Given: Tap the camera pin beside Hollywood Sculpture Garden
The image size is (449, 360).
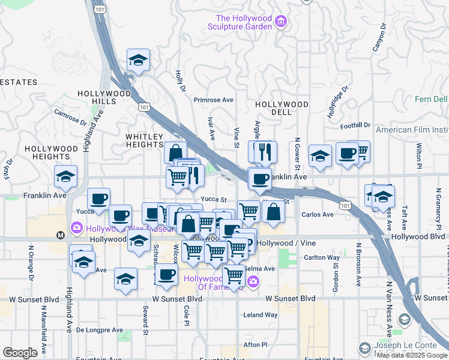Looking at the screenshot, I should (x=280, y=23).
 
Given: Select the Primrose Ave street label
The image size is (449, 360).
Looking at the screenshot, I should (x=213, y=100).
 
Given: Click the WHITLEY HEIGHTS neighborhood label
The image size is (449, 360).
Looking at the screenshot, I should (x=144, y=140).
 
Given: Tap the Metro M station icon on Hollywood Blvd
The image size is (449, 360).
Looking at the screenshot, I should (x=60, y=235).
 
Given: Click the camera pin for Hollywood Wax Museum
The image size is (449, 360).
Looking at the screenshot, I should (x=76, y=227).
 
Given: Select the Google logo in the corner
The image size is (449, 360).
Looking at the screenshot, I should (x=20, y=353).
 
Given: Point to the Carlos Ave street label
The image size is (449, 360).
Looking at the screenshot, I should (x=318, y=214).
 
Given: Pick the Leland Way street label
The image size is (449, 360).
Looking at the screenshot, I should (x=261, y=315).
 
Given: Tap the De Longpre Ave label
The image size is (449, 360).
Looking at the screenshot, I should (x=102, y=330).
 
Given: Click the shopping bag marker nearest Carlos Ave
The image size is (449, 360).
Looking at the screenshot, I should (x=273, y=212).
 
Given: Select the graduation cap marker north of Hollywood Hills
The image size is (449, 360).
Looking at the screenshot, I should (x=138, y=61).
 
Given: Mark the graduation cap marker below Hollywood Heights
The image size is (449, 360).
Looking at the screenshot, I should (x=65, y=176).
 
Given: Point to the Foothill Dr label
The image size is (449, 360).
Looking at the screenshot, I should (x=355, y=125).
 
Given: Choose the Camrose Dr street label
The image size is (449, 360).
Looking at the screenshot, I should (x=70, y=115).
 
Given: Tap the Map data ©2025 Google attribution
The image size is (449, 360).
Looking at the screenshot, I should (x=412, y=355).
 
